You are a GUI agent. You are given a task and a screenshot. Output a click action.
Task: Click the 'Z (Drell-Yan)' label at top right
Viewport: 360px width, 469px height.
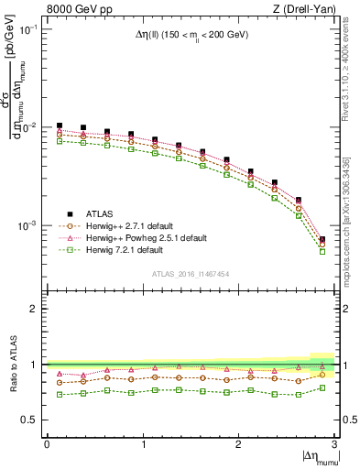tap(305, 9)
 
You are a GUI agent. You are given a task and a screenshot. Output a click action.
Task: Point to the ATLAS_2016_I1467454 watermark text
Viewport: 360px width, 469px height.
tap(190, 274)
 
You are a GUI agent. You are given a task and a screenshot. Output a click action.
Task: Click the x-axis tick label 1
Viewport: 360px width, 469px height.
tap(142, 444)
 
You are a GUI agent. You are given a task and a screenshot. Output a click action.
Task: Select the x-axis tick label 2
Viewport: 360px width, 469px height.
tap(238, 444)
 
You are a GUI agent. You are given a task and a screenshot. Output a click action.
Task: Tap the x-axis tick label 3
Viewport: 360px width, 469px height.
tap(333, 444)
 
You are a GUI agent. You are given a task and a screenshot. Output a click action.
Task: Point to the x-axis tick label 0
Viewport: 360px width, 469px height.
tap(47, 444)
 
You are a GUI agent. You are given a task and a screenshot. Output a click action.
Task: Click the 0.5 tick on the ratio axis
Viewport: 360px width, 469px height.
tap(31, 420)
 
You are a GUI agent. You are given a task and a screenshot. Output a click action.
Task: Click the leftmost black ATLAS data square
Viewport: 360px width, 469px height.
tap(60, 125)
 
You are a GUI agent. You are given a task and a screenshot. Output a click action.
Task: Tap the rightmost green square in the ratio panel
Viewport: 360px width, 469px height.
tap(322, 387)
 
